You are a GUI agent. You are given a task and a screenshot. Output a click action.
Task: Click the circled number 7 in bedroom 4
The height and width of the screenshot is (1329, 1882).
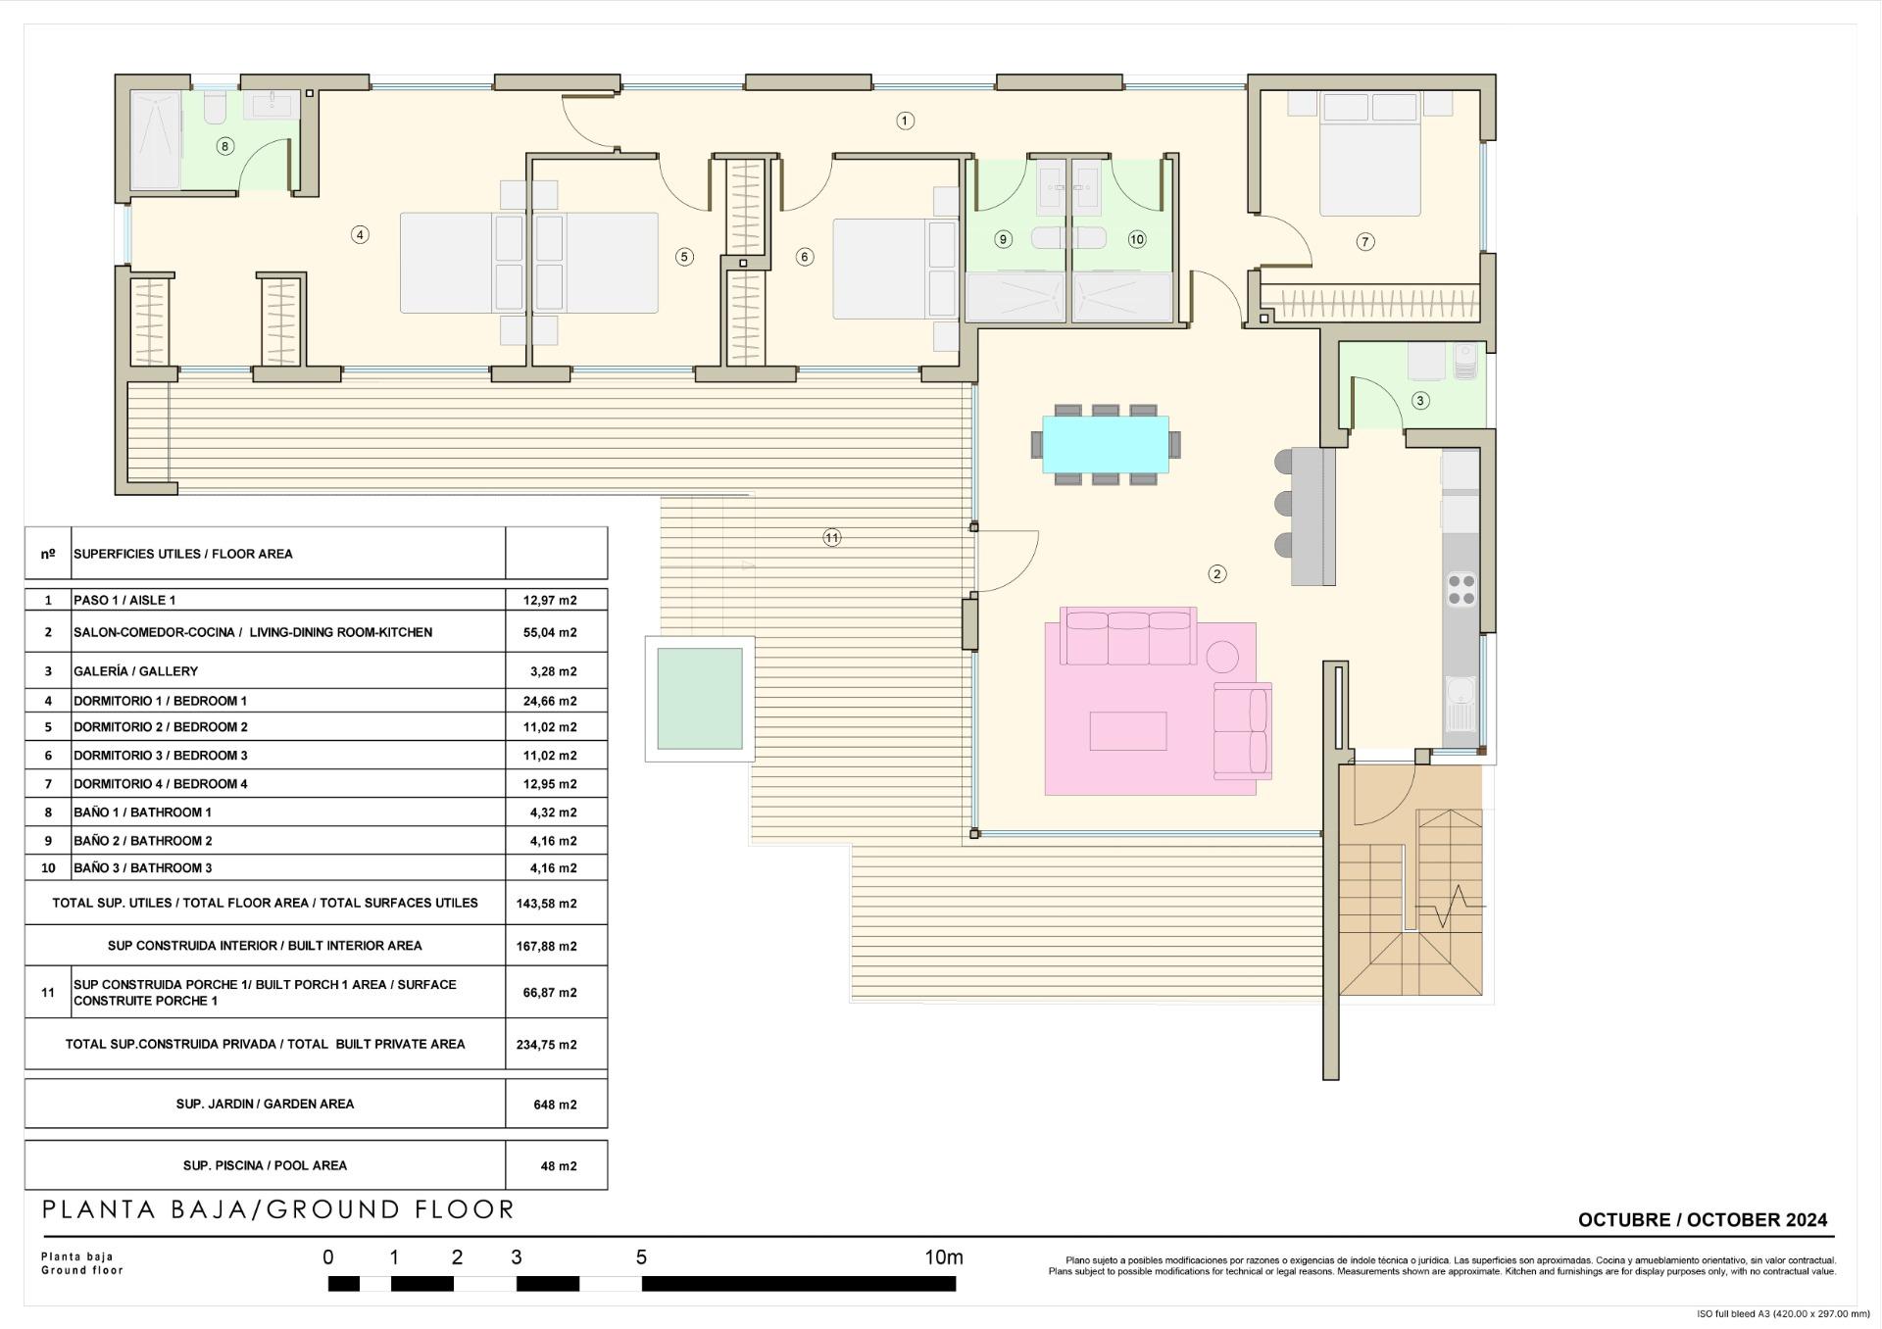1364,242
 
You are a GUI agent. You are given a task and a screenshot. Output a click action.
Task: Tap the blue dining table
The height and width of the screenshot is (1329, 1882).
1105,444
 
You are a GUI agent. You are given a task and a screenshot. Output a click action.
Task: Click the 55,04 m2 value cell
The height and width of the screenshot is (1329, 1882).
550,633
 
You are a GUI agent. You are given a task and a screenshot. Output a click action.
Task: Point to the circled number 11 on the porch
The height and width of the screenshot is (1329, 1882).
831,537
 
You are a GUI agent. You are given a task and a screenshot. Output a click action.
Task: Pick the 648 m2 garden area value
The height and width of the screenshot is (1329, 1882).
555,1105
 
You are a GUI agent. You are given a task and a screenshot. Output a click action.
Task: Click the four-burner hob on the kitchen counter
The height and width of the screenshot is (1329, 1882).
1461,589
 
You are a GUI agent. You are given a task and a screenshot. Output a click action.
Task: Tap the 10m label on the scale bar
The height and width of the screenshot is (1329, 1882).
943,1257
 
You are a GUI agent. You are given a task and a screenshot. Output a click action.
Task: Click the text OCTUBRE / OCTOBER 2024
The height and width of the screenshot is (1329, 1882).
1702,1220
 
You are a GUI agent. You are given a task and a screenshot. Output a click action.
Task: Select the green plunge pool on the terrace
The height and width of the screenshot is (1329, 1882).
700,699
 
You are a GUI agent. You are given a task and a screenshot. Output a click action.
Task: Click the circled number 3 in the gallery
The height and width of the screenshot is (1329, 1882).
1419,400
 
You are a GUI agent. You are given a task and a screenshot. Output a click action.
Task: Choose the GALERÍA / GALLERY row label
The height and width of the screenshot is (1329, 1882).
135,671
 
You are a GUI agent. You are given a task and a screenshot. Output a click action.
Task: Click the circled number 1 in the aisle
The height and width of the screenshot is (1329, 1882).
905,121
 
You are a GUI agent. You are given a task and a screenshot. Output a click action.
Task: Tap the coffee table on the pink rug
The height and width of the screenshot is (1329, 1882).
1127,731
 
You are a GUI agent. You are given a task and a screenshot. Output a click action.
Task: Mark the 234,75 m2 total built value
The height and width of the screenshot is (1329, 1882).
546,1045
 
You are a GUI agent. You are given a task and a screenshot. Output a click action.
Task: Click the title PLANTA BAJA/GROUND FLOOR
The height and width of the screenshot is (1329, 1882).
278,1209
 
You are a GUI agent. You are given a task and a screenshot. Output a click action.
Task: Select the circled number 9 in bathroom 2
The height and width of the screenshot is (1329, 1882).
1003,239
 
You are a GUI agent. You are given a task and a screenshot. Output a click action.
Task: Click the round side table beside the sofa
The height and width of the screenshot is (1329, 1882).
1222,655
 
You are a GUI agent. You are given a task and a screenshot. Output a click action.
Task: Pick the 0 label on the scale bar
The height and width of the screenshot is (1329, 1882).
327,1257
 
